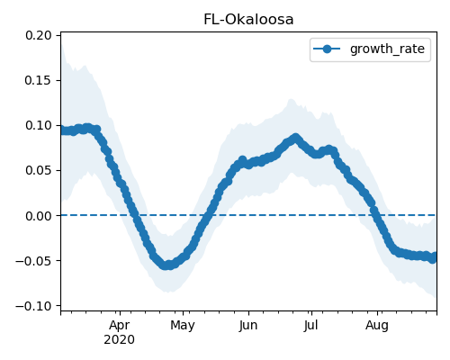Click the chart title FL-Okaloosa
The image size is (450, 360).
pyautogui.click(x=248, y=20)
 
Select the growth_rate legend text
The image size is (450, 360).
pyautogui.click(x=387, y=49)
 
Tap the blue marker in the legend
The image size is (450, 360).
pyautogui.click(x=327, y=49)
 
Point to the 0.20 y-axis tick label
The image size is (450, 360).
pyautogui.click(x=39, y=35)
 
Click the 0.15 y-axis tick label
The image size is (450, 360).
pyautogui.click(x=39, y=80)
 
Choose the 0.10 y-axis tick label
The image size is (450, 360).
pyautogui.click(x=39, y=125)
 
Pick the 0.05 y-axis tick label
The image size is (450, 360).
pyautogui.click(x=39, y=170)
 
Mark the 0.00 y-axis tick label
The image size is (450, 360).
pyautogui.click(x=39, y=216)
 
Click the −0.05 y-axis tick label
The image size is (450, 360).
pyautogui.click(x=33, y=261)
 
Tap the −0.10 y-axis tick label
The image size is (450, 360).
pyautogui.click(x=33, y=306)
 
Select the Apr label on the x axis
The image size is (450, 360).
pyautogui.click(x=120, y=325)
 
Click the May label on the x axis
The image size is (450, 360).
pyautogui.click(x=183, y=325)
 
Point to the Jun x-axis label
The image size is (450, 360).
pyautogui.click(x=248, y=325)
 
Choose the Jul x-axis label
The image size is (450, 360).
pyautogui.click(x=310, y=325)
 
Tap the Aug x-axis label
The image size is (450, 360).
pyautogui.click(x=377, y=325)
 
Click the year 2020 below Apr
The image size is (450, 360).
pyautogui.click(x=120, y=340)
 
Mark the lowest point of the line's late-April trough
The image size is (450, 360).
pyautogui.click(x=168, y=265)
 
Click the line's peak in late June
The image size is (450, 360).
pyautogui.click(x=296, y=138)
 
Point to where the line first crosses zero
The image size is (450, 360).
pyautogui.click(x=134, y=215)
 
